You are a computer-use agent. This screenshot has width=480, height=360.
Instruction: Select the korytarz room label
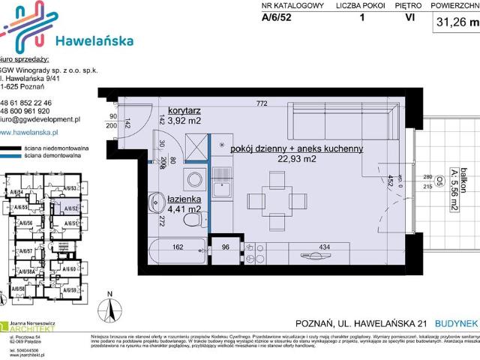(184, 109)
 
